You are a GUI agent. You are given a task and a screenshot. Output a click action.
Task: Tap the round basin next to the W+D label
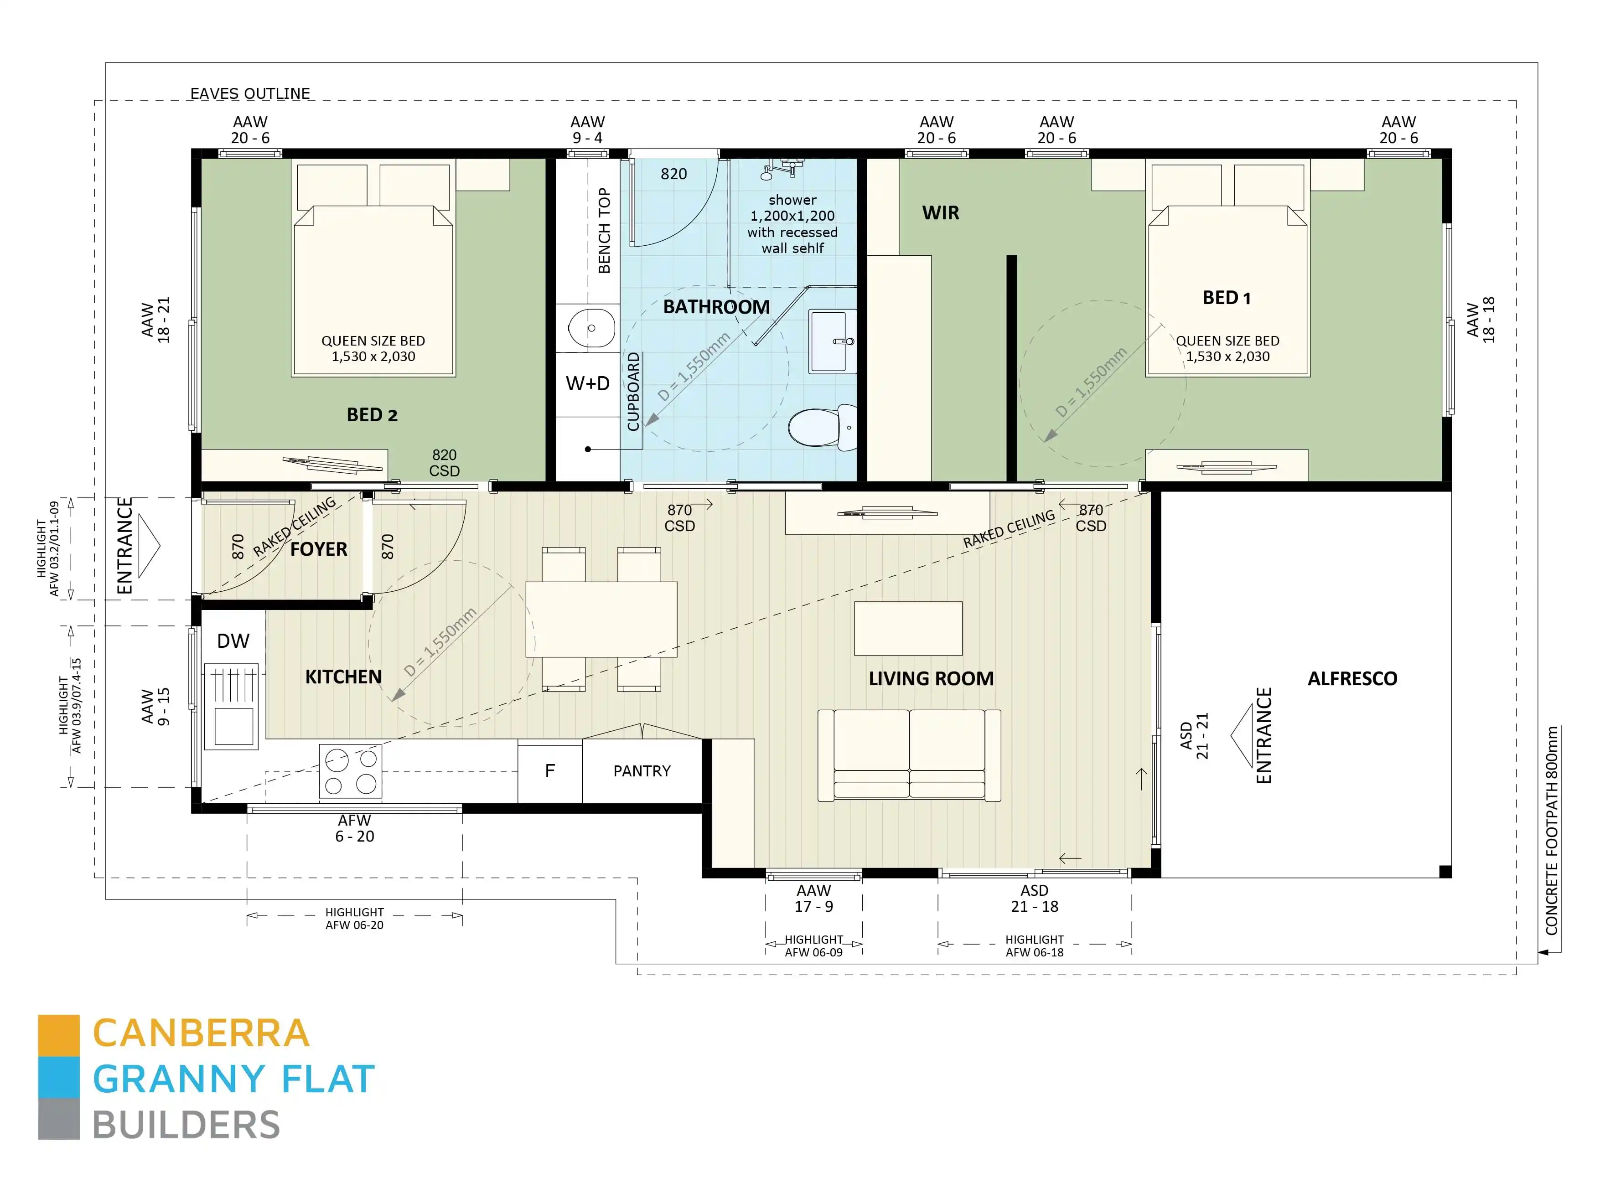[x=590, y=329]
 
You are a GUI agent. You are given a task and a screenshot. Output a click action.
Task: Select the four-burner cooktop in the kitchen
[x=350, y=771]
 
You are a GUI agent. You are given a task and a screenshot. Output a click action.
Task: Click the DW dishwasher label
[x=233, y=641]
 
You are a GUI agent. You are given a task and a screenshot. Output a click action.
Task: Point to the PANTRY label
[x=641, y=771]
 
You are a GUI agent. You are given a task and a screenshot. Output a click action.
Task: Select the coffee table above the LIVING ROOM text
[x=908, y=628]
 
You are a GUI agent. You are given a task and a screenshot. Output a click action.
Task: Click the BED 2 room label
[x=372, y=415]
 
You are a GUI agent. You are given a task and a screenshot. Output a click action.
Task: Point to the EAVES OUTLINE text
[x=249, y=93]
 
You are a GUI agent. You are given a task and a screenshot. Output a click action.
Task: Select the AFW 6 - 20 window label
[x=354, y=829]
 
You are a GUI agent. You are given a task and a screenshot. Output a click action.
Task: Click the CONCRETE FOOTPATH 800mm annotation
[x=1552, y=831]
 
